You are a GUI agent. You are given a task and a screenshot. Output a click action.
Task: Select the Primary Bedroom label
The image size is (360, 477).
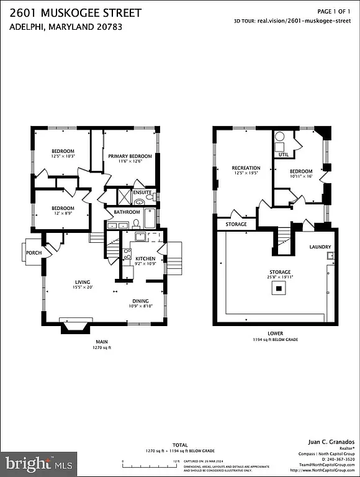(130, 156)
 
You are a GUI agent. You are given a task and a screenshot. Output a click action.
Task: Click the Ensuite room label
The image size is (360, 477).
(142, 192)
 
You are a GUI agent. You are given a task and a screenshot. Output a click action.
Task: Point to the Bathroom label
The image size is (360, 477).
(127, 212)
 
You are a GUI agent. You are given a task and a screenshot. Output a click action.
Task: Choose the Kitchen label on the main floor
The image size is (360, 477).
(145, 258)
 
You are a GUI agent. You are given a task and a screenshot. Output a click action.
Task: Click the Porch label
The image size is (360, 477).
(34, 252)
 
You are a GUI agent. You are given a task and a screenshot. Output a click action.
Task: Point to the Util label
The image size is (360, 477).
(283, 154)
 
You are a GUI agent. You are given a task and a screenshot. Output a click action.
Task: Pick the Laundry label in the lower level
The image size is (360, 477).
(320, 247)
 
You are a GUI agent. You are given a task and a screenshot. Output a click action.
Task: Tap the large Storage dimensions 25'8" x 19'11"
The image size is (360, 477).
(280, 277)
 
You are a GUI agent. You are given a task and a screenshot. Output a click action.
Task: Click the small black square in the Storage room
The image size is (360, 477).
(280, 288)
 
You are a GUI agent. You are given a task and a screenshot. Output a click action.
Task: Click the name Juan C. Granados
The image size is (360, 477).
(332, 442)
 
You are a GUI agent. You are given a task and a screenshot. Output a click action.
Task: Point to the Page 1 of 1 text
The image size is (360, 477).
(334, 11)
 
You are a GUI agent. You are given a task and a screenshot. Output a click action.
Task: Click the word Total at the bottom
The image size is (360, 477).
(180, 445)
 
